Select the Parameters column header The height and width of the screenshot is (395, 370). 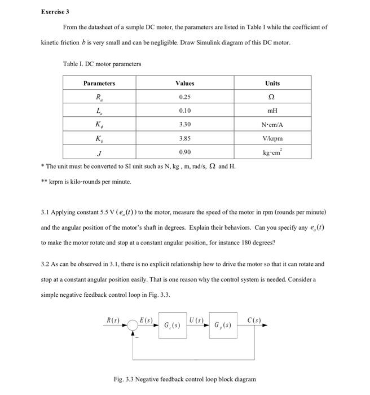(99, 83)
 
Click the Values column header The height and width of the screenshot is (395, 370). (185, 83)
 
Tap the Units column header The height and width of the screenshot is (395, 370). (272, 83)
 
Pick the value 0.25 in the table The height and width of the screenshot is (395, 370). (185, 97)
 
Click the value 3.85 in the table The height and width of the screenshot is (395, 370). (185, 138)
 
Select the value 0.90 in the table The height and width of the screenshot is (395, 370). (185, 152)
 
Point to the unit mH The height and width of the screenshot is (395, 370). (272, 111)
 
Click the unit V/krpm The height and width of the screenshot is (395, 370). (272, 138)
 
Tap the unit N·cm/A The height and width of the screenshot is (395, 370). (272, 125)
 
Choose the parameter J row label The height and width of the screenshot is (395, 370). (99, 153)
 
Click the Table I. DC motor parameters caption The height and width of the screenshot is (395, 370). (102, 64)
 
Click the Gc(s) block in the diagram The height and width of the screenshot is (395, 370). (172, 326)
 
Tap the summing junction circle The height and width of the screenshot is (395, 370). (133, 326)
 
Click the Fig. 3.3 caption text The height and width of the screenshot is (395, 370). (184, 379)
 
